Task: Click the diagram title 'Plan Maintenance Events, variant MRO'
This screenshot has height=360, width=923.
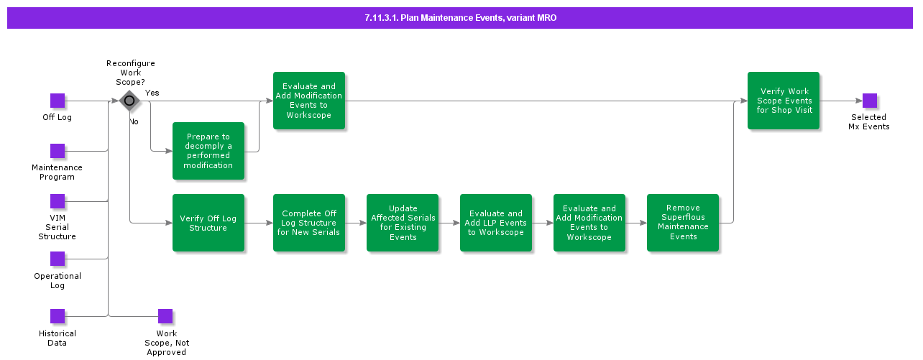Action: click(x=460, y=18)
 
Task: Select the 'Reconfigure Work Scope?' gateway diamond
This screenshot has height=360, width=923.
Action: click(x=129, y=101)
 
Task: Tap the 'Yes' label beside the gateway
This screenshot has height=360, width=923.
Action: click(x=152, y=93)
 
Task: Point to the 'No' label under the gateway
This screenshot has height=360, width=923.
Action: click(x=134, y=121)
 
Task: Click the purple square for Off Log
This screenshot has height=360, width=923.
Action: click(x=58, y=101)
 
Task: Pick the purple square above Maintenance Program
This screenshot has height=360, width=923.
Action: click(x=58, y=151)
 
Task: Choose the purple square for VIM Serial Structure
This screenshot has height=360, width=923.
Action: click(x=58, y=201)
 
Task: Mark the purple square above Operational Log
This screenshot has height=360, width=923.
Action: click(x=58, y=259)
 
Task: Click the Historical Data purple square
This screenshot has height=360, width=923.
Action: click(x=58, y=316)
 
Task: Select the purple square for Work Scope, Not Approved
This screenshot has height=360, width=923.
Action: click(x=165, y=316)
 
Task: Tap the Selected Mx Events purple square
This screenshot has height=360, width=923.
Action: click(x=870, y=101)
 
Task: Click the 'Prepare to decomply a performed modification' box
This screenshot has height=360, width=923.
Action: click(x=208, y=151)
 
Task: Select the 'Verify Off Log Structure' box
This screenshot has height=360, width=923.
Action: click(x=208, y=223)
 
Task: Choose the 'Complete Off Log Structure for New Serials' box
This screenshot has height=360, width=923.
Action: click(x=309, y=223)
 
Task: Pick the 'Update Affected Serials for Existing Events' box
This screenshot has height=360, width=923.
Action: click(x=403, y=223)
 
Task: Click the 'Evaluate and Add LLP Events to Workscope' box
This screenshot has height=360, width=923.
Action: click(x=496, y=223)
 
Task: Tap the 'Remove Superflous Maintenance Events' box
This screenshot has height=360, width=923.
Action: click(x=683, y=223)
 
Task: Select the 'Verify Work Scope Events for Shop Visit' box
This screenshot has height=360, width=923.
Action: click(x=784, y=101)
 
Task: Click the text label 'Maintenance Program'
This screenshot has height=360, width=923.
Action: click(x=57, y=172)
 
